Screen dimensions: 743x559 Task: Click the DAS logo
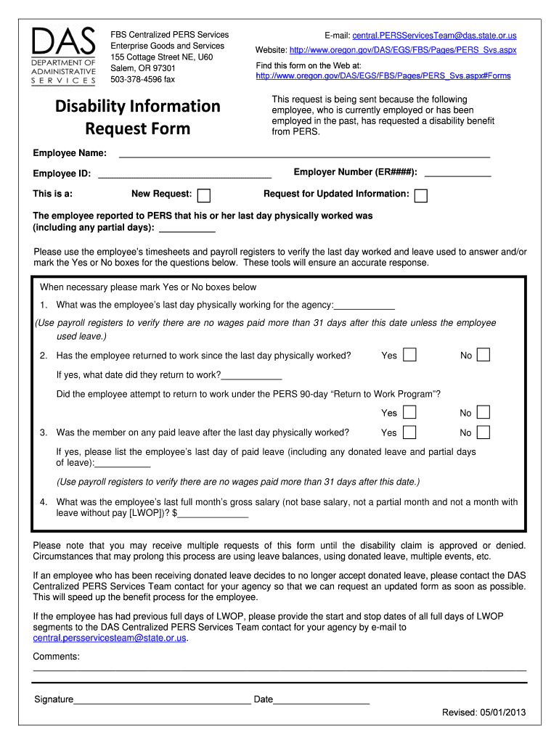64,56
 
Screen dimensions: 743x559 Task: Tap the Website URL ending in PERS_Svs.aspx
403,50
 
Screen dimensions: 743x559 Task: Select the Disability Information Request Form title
138,118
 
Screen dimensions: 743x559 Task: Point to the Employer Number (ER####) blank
457,173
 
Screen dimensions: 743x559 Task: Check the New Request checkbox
205,195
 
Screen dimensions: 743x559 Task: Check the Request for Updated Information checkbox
420,195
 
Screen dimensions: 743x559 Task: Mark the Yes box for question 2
410,355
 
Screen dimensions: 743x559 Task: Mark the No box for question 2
483,355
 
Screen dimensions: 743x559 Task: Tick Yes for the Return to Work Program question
410,413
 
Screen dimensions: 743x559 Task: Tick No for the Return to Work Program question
483,413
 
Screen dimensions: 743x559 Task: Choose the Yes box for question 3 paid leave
410,432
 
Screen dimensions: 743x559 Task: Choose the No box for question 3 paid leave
483,432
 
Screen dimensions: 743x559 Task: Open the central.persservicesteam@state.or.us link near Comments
110,638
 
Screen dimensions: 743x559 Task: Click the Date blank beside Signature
322,700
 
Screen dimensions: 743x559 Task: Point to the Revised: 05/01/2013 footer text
483,712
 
